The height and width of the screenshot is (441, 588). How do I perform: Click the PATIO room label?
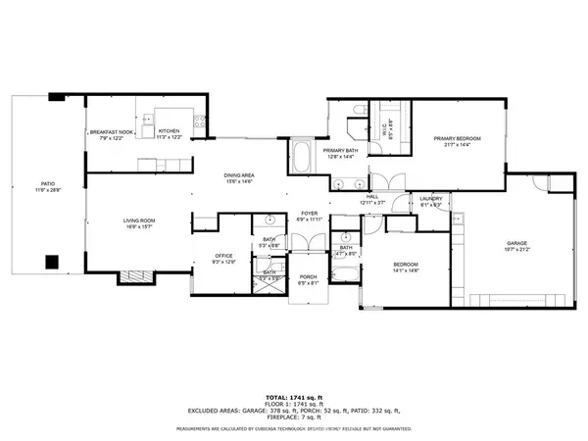tap(48, 183)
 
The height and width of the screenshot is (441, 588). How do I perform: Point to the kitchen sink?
tap(146, 122)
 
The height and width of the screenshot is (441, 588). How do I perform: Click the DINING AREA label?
tap(240, 174)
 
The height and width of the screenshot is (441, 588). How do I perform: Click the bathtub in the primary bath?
tap(300, 157)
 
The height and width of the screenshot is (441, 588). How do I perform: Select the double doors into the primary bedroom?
tap(382, 183)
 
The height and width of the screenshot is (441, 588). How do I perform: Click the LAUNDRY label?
tap(430, 199)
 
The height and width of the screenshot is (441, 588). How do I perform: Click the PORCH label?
tap(309, 277)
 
